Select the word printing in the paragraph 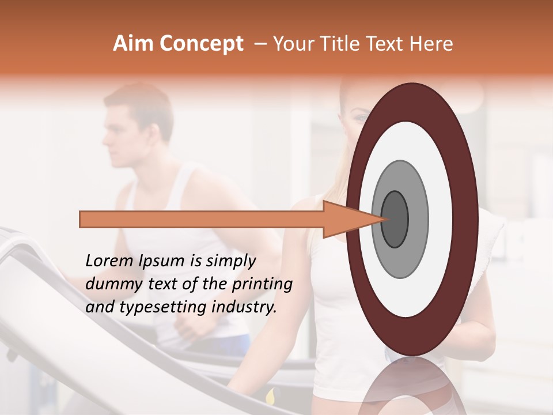coord(262,285)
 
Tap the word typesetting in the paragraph coord(152,308)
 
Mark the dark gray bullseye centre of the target coord(395,219)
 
